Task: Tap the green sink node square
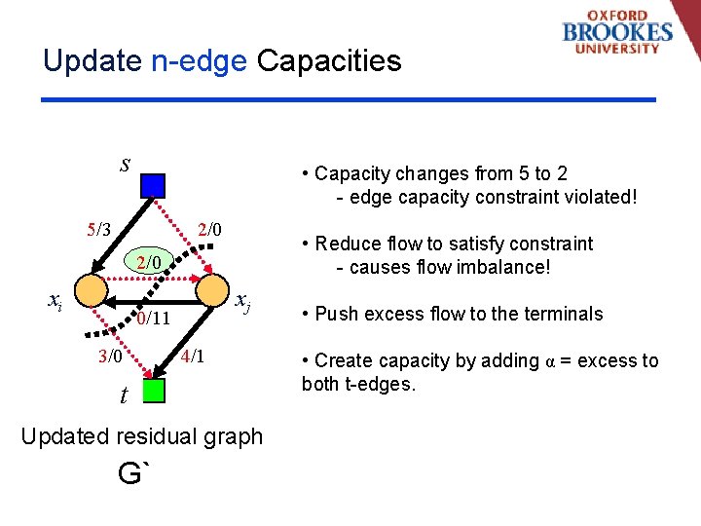[153, 391]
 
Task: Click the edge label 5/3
[98, 230]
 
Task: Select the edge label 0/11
[154, 319]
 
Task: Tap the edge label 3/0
[109, 356]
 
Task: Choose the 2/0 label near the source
[209, 230]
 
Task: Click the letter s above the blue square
[125, 163]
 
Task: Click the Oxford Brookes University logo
[616, 34]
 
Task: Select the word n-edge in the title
[200, 61]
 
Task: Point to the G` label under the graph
[134, 474]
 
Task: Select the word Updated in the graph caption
[59, 436]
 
